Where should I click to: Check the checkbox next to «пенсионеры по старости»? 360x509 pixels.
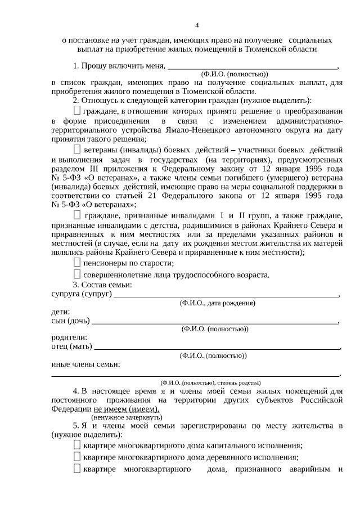[77, 262]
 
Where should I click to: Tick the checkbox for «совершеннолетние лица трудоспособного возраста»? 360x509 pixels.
[77, 274]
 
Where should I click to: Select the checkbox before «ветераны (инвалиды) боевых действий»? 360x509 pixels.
[77, 150]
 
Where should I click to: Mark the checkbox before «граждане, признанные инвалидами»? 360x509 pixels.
[77, 215]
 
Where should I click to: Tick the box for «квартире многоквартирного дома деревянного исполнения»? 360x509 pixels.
[77, 457]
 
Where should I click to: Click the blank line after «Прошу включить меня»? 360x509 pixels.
[251, 65]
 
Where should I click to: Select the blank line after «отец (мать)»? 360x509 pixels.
[217, 346]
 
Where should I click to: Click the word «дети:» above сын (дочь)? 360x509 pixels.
[61, 312]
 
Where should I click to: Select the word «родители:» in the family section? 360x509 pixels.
[69, 337]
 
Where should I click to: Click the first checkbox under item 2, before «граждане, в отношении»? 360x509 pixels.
[77, 111]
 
